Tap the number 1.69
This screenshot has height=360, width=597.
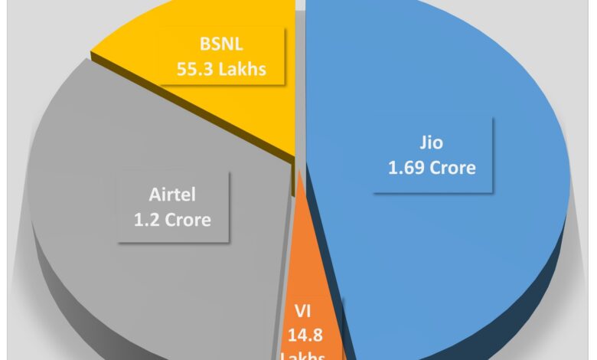pyautogui.click(x=406, y=166)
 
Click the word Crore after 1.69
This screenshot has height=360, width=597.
pyautogui.click(x=454, y=166)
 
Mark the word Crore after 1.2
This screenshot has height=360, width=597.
pyautogui.click(x=189, y=220)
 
